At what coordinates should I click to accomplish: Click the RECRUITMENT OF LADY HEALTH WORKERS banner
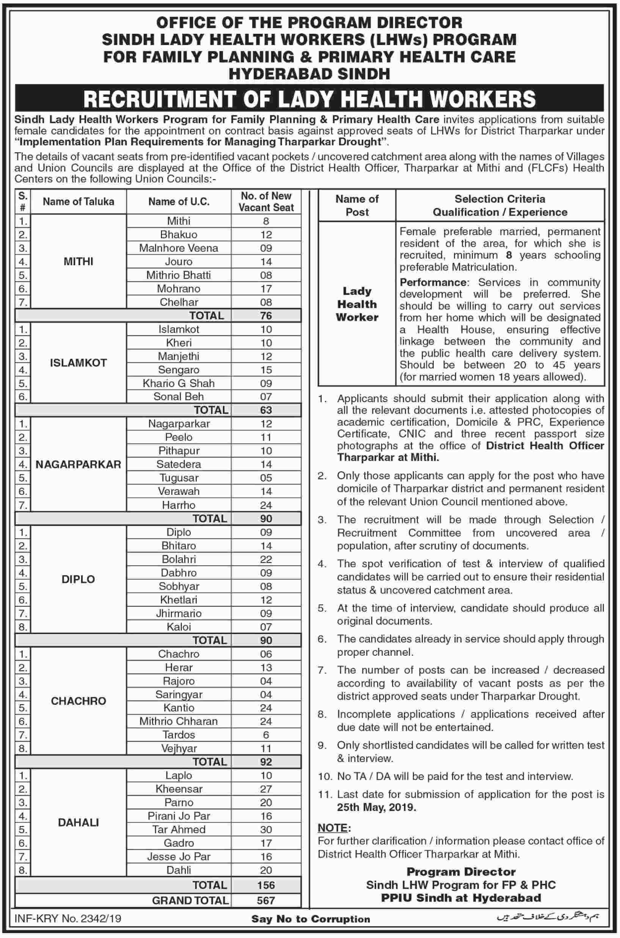(x=309, y=99)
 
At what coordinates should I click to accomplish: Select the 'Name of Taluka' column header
(x=78, y=202)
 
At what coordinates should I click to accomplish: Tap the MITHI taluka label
(x=78, y=261)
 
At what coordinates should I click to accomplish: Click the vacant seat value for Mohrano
(x=266, y=289)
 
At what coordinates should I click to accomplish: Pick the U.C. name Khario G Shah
(x=179, y=383)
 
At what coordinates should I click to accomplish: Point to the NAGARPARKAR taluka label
(x=78, y=464)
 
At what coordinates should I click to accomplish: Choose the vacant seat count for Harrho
(x=266, y=505)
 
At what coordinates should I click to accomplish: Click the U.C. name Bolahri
(x=179, y=559)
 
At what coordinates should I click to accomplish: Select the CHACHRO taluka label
(x=78, y=701)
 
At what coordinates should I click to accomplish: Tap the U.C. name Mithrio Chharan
(x=179, y=721)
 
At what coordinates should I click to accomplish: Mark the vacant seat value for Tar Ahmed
(x=266, y=829)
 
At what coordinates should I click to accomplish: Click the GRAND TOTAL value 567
(x=266, y=901)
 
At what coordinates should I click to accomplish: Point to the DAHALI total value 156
(x=266, y=885)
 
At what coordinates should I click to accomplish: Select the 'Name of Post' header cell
(x=357, y=205)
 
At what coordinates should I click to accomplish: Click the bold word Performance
(x=433, y=282)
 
